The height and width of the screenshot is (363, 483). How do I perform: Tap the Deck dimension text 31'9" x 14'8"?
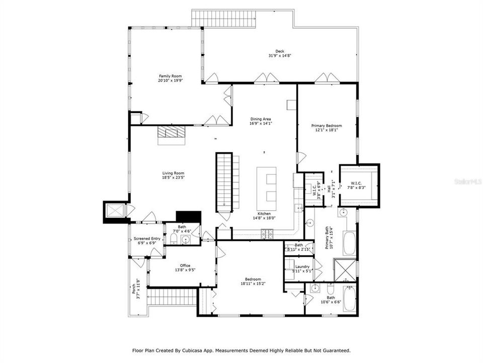279,56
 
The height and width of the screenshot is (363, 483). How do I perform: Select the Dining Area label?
261,119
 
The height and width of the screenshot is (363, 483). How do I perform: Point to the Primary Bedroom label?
327,126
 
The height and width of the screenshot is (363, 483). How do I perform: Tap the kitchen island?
267,185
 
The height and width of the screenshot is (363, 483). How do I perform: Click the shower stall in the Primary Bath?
346,270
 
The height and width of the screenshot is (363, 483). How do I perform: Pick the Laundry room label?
302,267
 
